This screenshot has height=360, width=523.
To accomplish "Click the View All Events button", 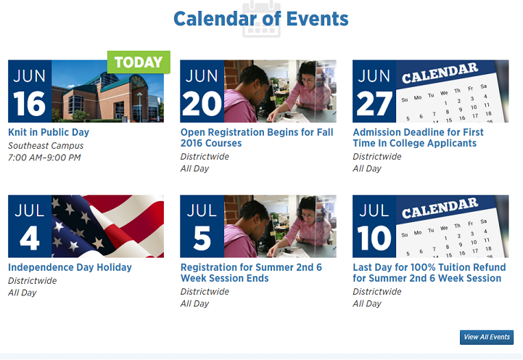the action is click(x=487, y=337).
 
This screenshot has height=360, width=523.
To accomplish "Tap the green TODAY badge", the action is click(x=139, y=62).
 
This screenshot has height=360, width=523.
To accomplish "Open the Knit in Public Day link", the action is click(x=49, y=132).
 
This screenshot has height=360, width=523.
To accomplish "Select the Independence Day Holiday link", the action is click(x=70, y=267).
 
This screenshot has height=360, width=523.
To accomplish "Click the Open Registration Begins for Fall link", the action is click(x=257, y=137).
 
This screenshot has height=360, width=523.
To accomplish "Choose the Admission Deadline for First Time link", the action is click(x=418, y=137).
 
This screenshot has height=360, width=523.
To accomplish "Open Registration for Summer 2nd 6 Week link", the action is click(x=251, y=273).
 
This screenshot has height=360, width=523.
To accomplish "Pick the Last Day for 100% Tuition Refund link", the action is click(x=429, y=273).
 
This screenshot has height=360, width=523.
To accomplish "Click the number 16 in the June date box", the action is click(x=29, y=104).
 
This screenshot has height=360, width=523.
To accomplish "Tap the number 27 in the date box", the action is click(x=374, y=104).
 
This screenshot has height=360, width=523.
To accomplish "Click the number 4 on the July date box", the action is click(x=30, y=238).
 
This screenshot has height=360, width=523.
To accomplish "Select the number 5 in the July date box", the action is click(x=202, y=238).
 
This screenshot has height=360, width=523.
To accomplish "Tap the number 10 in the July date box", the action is click(x=374, y=238).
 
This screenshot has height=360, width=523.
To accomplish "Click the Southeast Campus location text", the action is click(x=46, y=146).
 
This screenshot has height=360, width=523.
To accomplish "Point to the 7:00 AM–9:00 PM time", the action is click(x=44, y=157).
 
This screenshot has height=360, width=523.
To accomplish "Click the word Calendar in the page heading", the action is click(x=215, y=19).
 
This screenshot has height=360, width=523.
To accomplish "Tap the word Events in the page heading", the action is click(x=317, y=19).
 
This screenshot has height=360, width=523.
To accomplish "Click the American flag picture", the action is click(x=108, y=226).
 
